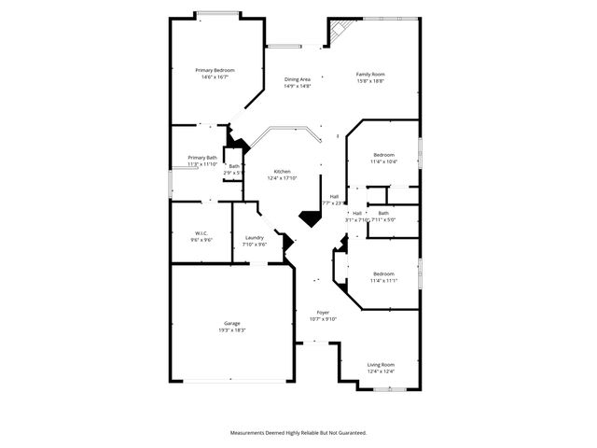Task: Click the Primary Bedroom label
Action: tap(215, 71)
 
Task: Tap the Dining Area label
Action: tap(298, 79)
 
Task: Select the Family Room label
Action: tap(370, 75)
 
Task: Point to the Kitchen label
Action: tap(282, 172)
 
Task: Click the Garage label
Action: tap(231, 324)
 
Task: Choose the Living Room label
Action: tap(380, 365)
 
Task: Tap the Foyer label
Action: tap(323, 313)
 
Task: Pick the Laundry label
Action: tap(255, 239)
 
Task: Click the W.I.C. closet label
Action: tap(201, 233)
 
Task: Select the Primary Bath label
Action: tap(202, 158)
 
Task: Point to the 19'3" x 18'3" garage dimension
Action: tap(231, 330)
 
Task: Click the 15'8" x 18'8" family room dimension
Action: tap(370, 81)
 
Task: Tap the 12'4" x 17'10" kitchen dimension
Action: tap(282, 178)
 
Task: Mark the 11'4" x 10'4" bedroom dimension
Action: tap(383, 161)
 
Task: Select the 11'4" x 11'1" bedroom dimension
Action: tap(383, 280)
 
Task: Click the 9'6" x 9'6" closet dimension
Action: tap(201, 240)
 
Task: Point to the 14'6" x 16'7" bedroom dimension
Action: tap(215, 77)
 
